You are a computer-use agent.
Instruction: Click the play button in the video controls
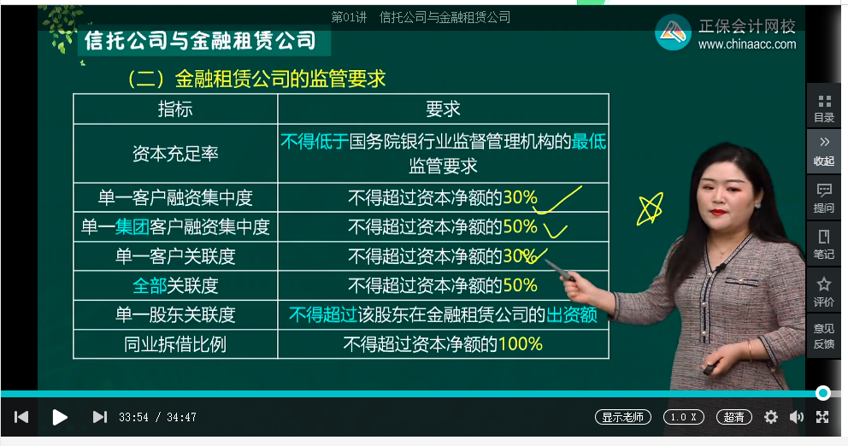point(60,417)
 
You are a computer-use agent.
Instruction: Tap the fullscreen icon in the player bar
point(822,417)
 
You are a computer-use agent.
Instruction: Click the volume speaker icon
point(797,417)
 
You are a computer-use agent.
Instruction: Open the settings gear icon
point(771,417)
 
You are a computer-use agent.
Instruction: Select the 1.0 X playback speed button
point(685,417)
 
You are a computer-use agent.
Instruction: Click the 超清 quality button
point(733,417)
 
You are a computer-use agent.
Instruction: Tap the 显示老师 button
point(623,417)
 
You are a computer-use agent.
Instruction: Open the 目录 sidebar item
point(824,108)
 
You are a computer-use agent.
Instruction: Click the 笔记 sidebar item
point(824,244)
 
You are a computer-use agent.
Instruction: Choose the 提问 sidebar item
point(824,197)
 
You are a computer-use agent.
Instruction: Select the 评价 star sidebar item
point(824,291)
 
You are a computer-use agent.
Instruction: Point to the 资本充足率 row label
point(175,154)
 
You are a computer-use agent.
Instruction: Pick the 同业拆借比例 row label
point(175,343)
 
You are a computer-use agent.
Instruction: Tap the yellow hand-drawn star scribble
point(651,208)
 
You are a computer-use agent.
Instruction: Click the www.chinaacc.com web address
point(746,44)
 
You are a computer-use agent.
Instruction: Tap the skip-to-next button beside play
point(99,417)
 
